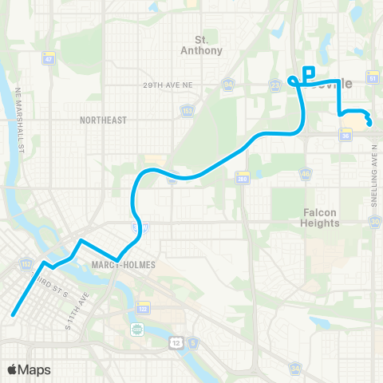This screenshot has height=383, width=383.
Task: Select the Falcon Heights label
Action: [322, 217]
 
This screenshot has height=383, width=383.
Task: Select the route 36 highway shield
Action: [345, 136]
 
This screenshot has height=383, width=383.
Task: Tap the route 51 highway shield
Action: [372, 78]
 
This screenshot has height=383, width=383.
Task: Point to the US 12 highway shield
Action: [176, 342]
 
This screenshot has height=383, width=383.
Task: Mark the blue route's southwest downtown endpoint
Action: [14, 314]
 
